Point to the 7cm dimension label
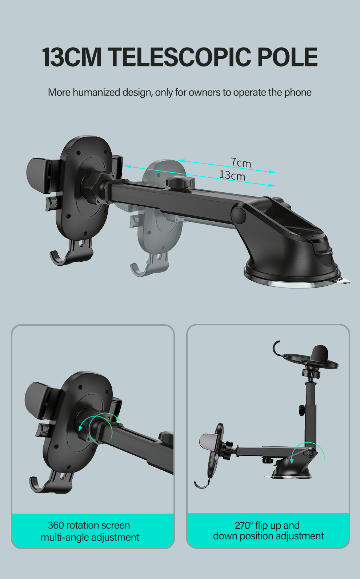coord(241,162)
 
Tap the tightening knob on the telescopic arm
coord(180,182)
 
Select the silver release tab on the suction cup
coord(343,281)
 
